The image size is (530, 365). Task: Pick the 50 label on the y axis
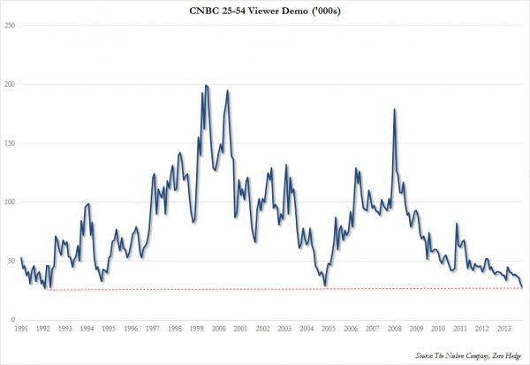11,261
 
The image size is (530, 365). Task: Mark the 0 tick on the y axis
12,320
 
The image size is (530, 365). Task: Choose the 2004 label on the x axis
306,329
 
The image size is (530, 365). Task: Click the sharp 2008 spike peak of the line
394,109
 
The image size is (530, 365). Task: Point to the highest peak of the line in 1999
206,85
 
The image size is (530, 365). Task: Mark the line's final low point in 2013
522,287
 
